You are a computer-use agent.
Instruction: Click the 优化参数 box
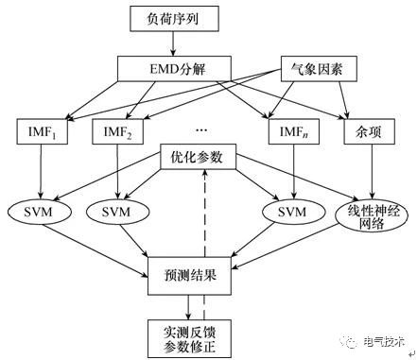tap(203, 157)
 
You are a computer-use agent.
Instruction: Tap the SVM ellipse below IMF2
tap(118, 211)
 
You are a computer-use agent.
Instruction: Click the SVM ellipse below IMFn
tap(288, 211)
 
